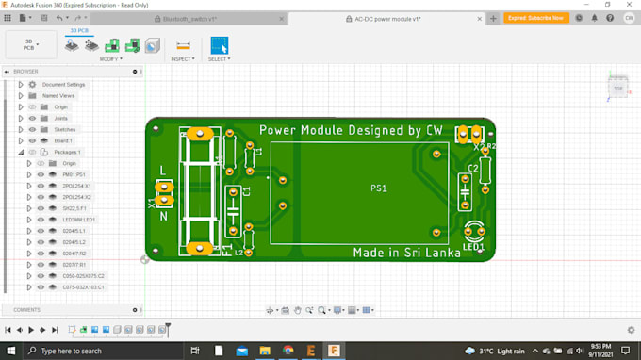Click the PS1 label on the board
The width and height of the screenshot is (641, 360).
377,188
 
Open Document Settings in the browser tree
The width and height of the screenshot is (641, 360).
62,85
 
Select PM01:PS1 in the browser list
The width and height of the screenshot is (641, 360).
74,174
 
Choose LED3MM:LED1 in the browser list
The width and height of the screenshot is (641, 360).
79,220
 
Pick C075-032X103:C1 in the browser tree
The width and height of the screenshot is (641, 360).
84,286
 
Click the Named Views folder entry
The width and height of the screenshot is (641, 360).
58,96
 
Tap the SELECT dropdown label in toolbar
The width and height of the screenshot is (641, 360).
218,59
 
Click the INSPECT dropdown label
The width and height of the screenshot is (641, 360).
182,59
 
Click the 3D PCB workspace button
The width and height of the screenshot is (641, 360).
29,44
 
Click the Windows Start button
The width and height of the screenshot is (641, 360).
9,351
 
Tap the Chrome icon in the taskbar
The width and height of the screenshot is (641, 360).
288,351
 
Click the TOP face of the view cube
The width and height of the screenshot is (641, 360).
618,89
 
